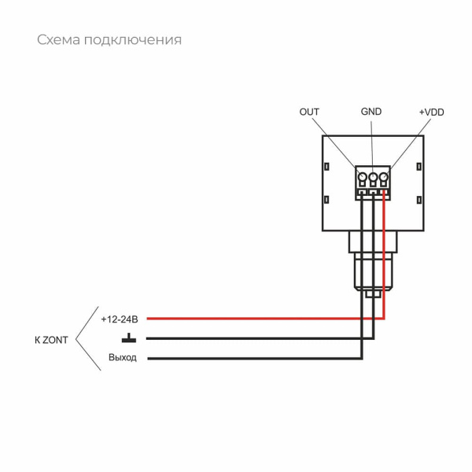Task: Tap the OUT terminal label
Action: pyautogui.click(x=309, y=112)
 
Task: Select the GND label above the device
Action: pyautogui.click(x=371, y=112)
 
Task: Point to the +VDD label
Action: pyautogui.click(x=431, y=112)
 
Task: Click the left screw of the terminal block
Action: pyautogui.click(x=362, y=178)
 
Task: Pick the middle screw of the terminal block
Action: pyautogui.click(x=373, y=178)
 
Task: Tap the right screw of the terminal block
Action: pyautogui.click(x=384, y=178)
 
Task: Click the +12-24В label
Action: pyautogui.click(x=120, y=319)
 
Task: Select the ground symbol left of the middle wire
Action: pyautogui.click(x=127, y=339)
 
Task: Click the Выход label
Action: pyautogui.click(x=123, y=358)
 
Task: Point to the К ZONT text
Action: pyautogui.click(x=51, y=340)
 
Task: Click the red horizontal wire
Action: pyautogui.click(x=260, y=319)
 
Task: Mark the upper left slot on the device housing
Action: pyautogui.click(x=326, y=166)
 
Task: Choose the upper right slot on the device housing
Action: pyautogui.click(x=421, y=166)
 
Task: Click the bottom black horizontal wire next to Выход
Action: pyautogui.click(x=252, y=359)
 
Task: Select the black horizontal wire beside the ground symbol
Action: pyautogui.click(x=252, y=338)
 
